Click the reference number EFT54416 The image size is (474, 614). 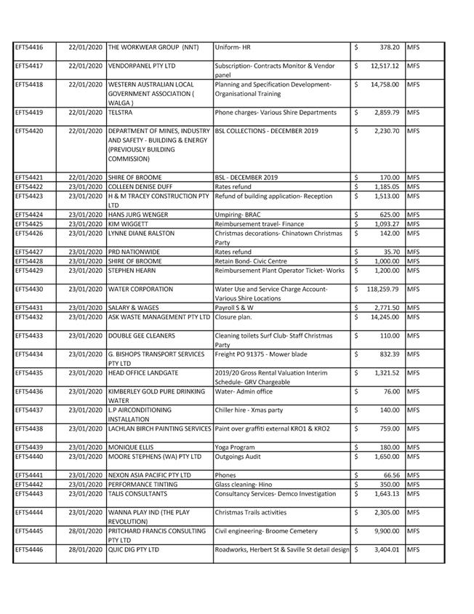point(29,47)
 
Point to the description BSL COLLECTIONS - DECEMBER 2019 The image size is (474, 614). point(266,132)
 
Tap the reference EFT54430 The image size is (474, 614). point(29,290)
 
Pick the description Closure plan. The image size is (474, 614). point(233,317)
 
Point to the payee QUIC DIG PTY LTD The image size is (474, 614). point(134,550)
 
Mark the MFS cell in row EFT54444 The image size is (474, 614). point(414,513)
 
